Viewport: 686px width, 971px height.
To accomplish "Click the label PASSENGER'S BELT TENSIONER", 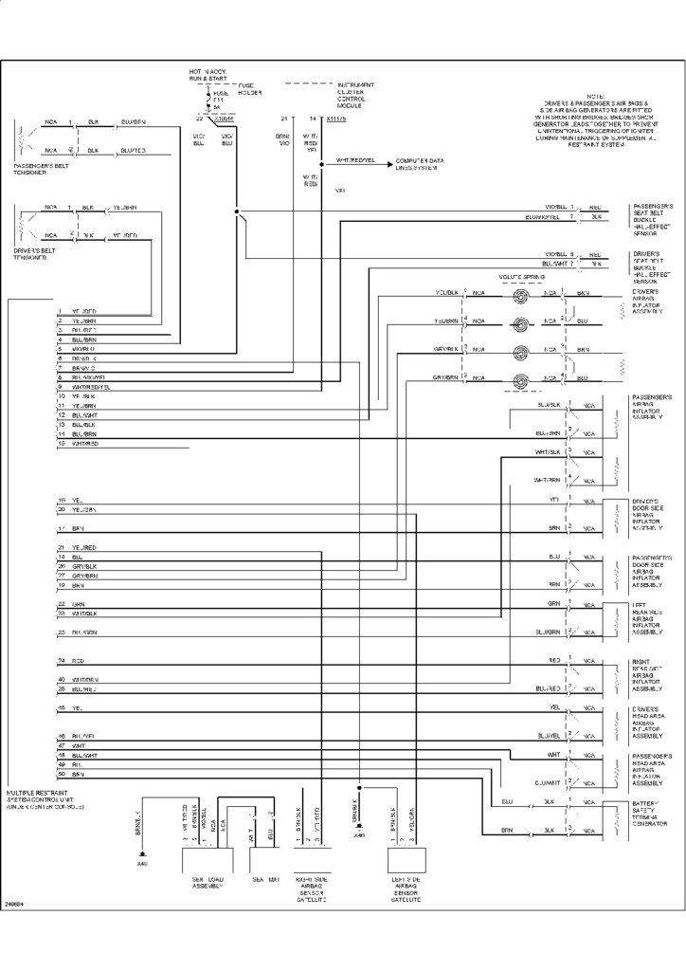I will (36, 169).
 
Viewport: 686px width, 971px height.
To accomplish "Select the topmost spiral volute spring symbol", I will (518, 296).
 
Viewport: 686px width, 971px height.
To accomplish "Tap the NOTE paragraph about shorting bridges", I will (595, 121).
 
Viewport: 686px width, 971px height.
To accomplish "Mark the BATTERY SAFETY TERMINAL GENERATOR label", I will (651, 815).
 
